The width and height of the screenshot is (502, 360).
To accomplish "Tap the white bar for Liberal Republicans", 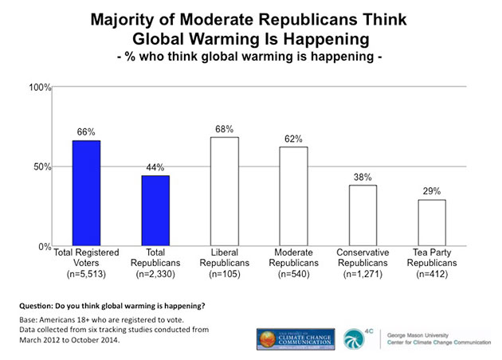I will [x=225, y=192].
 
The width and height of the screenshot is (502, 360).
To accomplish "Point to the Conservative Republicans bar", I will [x=363, y=216].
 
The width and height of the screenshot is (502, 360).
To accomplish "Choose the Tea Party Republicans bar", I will [x=431, y=223].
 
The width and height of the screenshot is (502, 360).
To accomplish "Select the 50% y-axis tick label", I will [x=43, y=166].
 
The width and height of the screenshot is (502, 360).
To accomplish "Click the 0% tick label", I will [x=45, y=247].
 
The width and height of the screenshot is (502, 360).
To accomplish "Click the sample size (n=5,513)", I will [x=87, y=275].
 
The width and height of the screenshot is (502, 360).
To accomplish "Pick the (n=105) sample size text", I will [x=225, y=275].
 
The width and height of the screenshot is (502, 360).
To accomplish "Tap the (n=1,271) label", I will [x=363, y=275].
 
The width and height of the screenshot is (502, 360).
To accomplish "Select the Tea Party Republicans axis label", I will [x=431, y=257].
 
